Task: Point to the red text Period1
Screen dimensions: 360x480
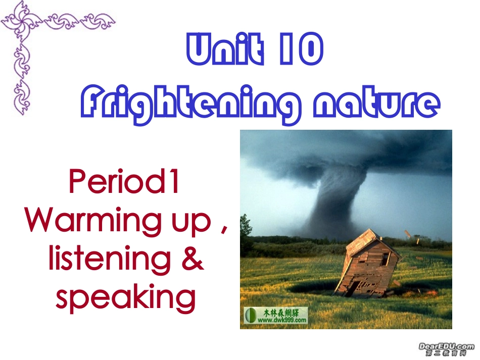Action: [x=124, y=182]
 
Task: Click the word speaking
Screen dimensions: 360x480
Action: [x=125, y=297]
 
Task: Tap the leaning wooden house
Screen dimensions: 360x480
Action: [x=366, y=265]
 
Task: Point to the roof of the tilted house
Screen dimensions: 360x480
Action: [x=364, y=241]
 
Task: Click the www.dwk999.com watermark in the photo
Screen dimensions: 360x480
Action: [x=275, y=316]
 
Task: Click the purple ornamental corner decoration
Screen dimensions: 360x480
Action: [x=30, y=35]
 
